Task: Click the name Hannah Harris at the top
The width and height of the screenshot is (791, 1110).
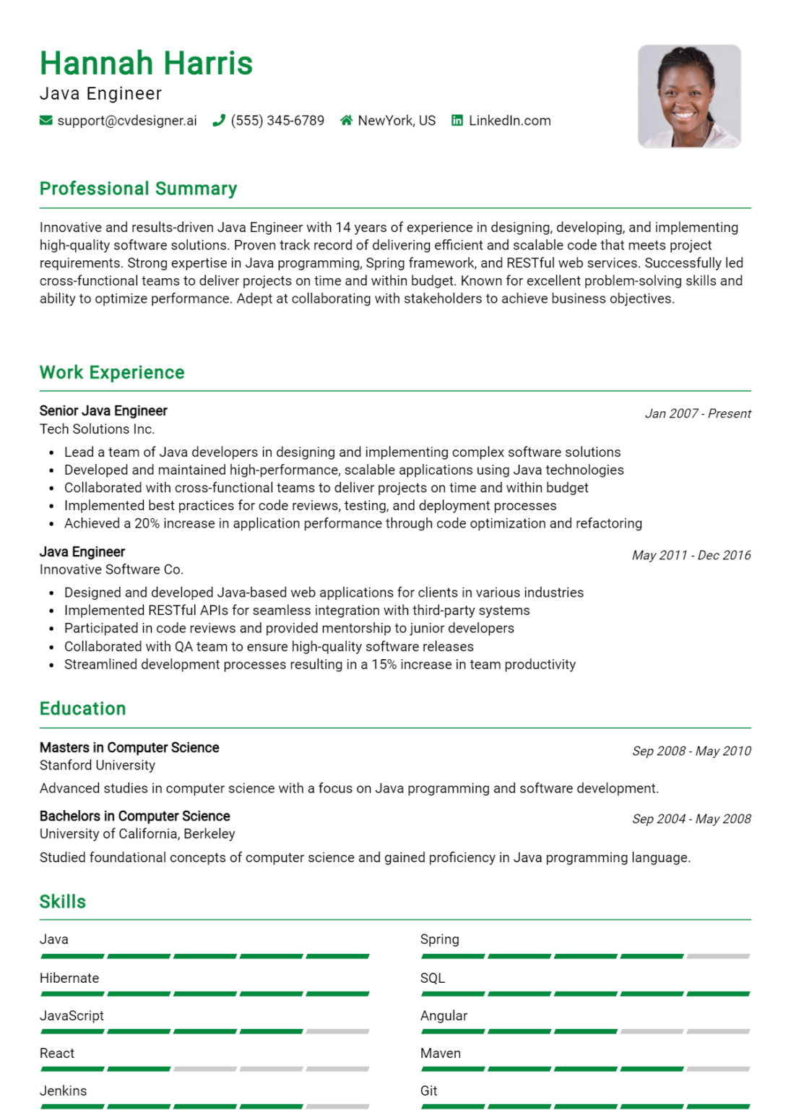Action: (146, 64)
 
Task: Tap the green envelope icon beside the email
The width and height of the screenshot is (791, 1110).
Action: (46, 121)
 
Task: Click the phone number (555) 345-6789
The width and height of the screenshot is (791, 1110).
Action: (277, 121)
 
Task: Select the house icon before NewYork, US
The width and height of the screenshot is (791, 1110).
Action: (346, 121)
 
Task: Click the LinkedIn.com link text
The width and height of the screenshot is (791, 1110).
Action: (509, 121)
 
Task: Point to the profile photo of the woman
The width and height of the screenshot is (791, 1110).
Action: (689, 97)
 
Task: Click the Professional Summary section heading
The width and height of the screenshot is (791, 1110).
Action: (138, 189)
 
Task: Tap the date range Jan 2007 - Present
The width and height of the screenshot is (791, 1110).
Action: (697, 414)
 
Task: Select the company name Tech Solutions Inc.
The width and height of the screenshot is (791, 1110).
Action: (97, 429)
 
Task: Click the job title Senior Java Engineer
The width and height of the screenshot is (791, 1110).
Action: (103, 410)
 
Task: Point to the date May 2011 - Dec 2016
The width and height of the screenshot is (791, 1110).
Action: (691, 555)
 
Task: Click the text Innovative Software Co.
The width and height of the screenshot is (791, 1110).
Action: (111, 569)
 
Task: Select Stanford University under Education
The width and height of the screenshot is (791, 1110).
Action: (97, 765)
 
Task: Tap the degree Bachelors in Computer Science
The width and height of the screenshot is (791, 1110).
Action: (134, 816)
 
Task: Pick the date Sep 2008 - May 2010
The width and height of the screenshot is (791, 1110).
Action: (691, 751)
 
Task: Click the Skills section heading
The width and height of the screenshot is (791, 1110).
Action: (62, 902)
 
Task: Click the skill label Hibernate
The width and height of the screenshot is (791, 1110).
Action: (69, 978)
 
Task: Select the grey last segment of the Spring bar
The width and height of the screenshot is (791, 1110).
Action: (718, 956)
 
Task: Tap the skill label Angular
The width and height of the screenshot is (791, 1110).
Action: (444, 1015)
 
